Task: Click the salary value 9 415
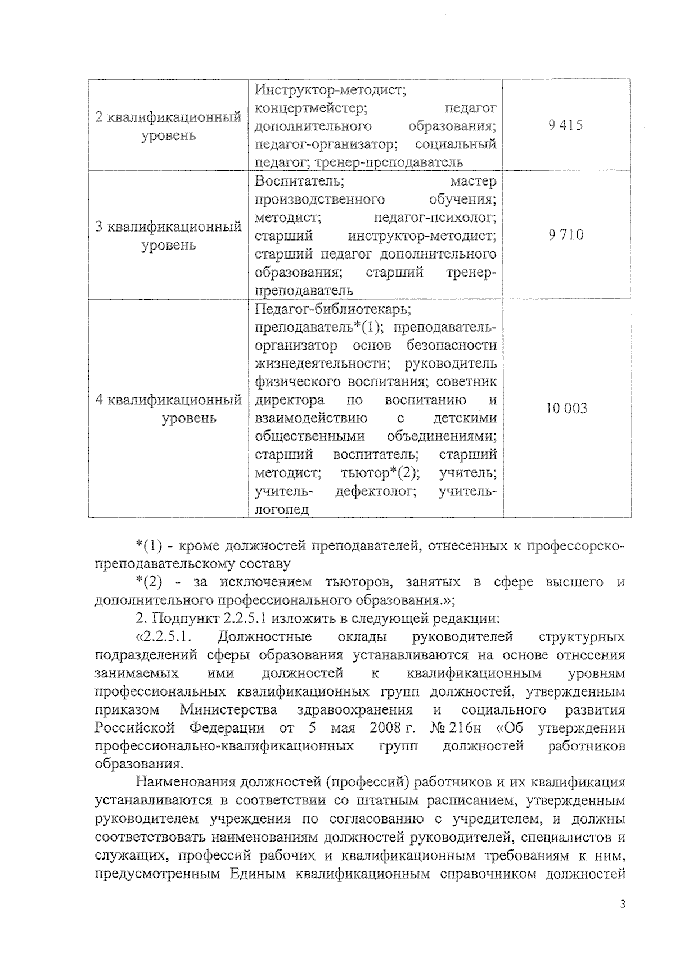pyautogui.click(x=566, y=125)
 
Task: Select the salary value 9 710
pyautogui.click(x=566, y=235)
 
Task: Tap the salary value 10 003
pyautogui.click(x=566, y=409)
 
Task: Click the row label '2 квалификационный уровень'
pyautogui.click(x=168, y=126)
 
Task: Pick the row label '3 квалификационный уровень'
pyautogui.click(x=168, y=236)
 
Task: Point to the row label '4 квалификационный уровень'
pyautogui.click(x=168, y=409)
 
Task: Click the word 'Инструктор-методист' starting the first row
pyautogui.click(x=331, y=89)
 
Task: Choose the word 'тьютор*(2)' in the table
pyautogui.click(x=380, y=473)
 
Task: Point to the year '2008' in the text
pyautogui.click(x=385, y=728)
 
